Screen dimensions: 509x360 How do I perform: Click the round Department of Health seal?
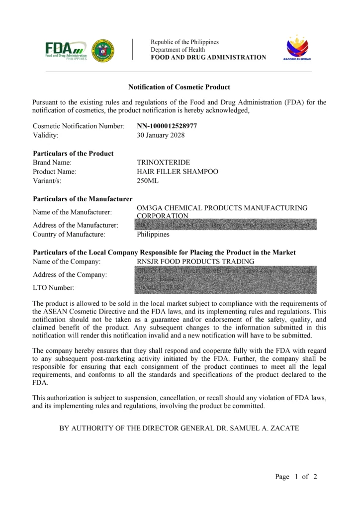point(103,50)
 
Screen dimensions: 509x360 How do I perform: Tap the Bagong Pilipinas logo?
point(297,48)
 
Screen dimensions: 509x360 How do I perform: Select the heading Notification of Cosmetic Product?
point(179,87)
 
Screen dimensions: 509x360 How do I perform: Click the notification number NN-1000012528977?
point(167,126)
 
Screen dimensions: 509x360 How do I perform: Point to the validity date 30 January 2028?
point(161,135)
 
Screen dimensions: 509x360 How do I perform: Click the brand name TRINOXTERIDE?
point(163,163)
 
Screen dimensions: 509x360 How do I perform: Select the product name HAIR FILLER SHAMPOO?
point(178,171)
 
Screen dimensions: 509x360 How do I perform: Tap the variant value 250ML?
point(148,180)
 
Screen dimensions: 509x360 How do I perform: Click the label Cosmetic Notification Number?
point(79,126)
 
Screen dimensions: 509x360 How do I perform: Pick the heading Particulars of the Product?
point(73,154)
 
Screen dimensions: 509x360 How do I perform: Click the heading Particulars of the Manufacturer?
point(83,199)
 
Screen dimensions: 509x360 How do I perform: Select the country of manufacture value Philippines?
point(153,234)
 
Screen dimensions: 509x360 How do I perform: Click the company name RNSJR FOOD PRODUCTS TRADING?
point(195,261)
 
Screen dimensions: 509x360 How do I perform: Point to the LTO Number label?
point(54,288)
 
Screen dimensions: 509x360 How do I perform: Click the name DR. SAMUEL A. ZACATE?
point(264,427)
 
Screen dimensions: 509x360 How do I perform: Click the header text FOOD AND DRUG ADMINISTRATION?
point(208,58)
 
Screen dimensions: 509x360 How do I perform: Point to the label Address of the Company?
point(70,275)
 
